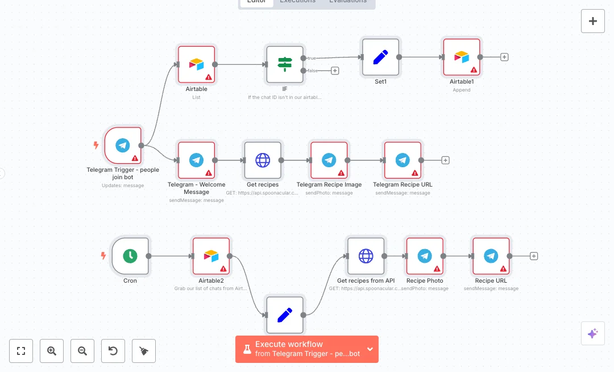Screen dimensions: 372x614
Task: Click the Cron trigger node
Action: point(130,256)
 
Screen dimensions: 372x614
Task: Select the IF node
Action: point(285,64)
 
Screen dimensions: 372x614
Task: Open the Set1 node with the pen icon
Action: point(380,57)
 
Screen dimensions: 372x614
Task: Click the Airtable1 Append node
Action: point(462,57)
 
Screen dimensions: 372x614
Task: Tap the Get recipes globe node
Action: point(263,160)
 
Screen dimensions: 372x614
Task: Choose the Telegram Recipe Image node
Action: point(329,160)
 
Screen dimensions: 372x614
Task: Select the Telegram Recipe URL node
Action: point(403,160)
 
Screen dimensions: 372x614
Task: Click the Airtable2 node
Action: point(211,256)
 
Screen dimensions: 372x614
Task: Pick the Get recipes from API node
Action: point(366,256)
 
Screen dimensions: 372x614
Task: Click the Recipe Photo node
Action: point(425,256)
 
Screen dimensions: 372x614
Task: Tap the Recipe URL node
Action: point(491,256)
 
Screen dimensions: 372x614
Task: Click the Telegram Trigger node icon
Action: point(123,145)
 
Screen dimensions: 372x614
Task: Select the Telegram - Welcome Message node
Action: point(196,160)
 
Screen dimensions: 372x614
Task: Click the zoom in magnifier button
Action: point(52,351)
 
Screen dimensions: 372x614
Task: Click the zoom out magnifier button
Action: point(82,351)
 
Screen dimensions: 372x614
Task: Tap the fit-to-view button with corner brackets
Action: point(21,351)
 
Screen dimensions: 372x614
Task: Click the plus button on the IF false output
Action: point(335,71)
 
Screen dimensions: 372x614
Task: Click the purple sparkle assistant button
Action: point(592,333)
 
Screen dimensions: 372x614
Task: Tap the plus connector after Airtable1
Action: point(504,57)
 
